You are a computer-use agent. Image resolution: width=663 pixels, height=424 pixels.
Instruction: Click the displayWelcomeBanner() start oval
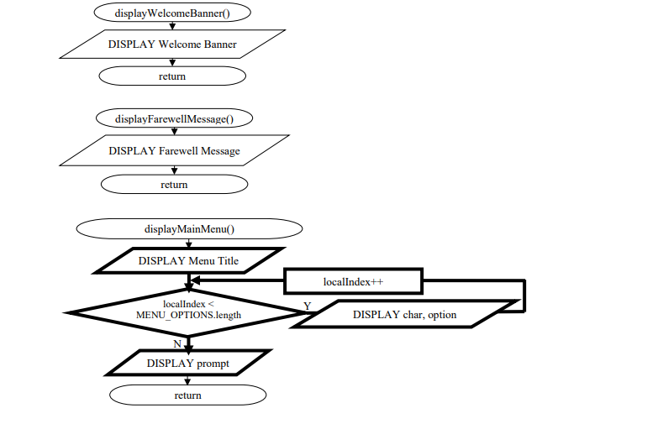173,13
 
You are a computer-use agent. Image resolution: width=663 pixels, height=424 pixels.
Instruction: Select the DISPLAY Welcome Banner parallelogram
172,44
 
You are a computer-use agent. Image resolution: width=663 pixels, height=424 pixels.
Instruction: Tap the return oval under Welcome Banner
172,76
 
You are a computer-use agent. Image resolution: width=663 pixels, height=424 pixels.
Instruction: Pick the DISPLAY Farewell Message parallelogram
174,151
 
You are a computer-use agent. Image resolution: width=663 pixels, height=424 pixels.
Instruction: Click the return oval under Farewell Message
174,184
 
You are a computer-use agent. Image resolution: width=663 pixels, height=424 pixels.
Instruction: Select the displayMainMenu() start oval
188,228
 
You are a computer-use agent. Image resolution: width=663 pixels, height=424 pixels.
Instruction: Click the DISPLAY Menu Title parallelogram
188,260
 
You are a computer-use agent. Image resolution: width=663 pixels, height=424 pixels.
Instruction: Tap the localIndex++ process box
353,281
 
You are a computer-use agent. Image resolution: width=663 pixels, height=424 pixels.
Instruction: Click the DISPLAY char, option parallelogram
405,314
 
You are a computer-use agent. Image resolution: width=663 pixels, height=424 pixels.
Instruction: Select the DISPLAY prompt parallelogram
188,364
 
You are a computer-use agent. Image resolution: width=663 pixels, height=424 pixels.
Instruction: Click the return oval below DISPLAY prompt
188,395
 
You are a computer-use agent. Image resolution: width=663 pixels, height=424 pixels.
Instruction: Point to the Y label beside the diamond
308,306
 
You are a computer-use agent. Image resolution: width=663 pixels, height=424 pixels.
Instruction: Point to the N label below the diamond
177,343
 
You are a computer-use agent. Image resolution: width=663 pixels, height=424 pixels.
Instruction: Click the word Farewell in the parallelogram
180,151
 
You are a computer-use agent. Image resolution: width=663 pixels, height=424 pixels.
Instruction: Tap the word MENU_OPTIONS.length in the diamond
187,317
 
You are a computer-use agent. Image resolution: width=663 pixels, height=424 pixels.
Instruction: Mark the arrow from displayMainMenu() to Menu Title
188,243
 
